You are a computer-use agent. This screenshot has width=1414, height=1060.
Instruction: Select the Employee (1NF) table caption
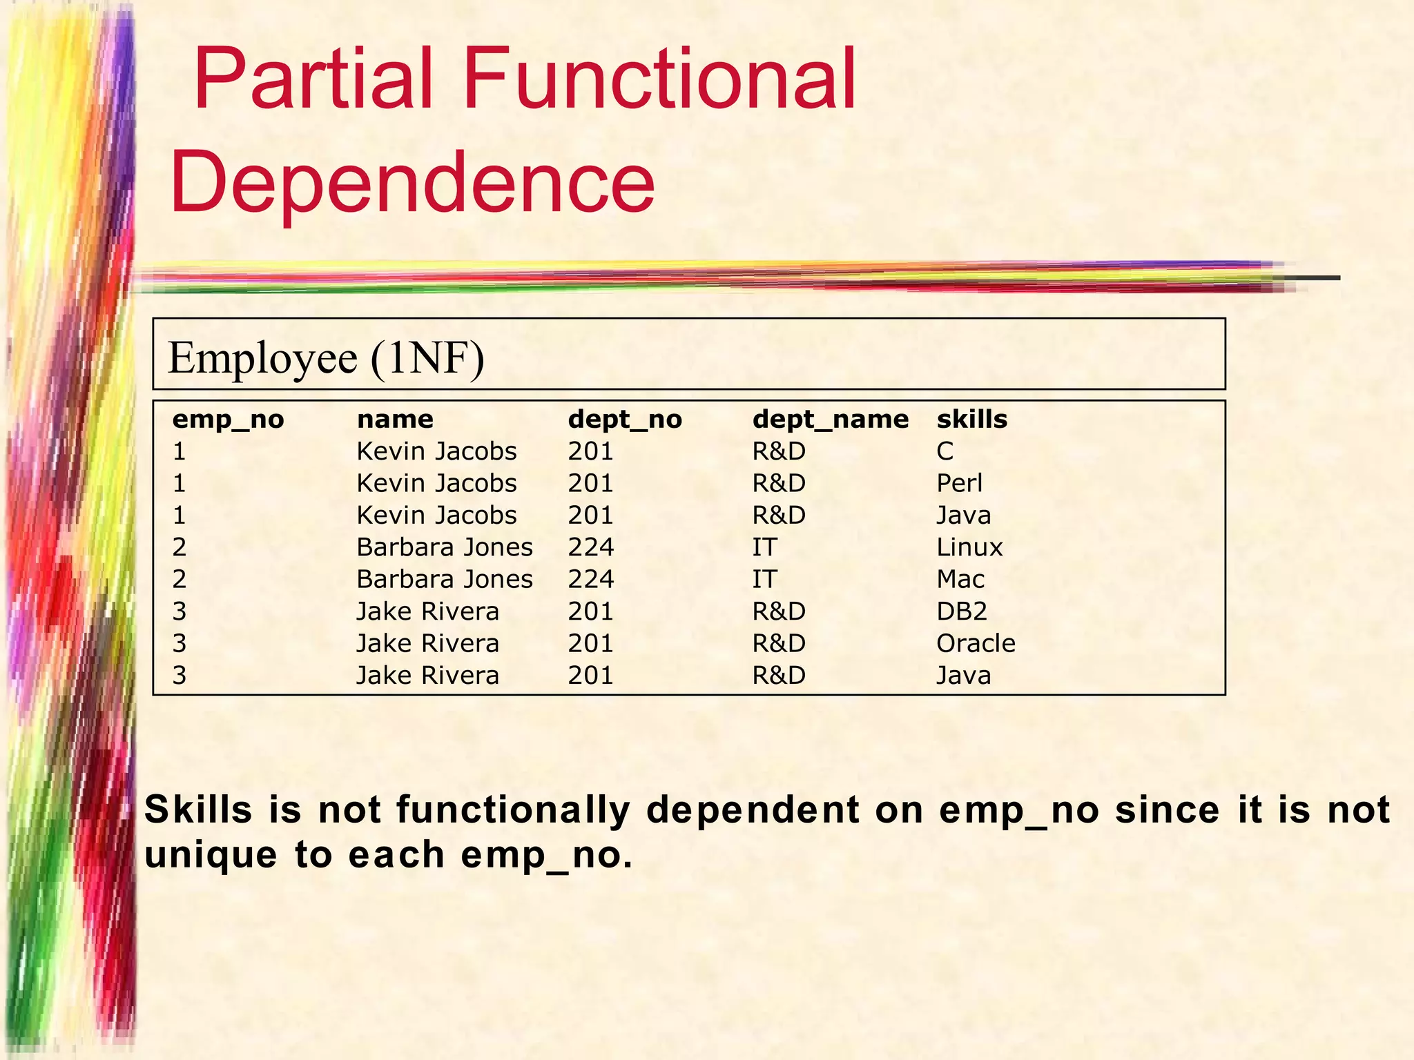tap(326, 357)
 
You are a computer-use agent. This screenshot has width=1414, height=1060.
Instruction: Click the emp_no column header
tap(228, 419)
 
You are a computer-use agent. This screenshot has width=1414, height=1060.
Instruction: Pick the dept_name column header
tap(830, 419)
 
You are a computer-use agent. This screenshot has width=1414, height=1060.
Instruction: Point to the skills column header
tap(971, 419)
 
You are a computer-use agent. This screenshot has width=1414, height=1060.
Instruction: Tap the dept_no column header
tap(625, 419)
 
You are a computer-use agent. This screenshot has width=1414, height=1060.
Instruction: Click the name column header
tap(395, 419)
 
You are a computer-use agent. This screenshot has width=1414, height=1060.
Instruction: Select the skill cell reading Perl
tap(959, 483)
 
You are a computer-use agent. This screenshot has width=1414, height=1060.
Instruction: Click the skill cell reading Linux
tap(969, 547)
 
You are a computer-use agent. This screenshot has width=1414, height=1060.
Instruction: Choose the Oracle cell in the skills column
tap(976, 643)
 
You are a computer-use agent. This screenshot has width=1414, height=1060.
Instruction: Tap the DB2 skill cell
tap(962, 611)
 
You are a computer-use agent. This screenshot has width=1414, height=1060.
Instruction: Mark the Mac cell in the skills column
tap(960, 579)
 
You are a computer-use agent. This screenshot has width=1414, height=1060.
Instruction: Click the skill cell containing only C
tap(945, 451)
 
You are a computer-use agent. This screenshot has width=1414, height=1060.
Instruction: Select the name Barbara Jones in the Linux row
tap(445, 547)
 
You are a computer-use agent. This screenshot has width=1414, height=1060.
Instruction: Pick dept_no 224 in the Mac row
tap(591, 579)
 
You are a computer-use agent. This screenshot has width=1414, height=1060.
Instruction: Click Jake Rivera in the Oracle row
tap(427, 643)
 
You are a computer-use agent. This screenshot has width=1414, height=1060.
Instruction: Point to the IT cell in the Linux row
tap(764, 547)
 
